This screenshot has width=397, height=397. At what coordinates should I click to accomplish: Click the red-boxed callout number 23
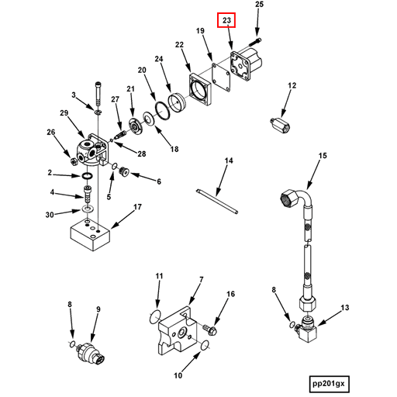click(x=227, y=21)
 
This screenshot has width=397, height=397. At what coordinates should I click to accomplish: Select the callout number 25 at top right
click(x=260, y=5)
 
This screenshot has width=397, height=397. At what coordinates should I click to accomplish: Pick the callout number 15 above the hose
click(x=323, y=156)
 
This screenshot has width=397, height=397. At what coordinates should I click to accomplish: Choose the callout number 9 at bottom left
click(x=98, y=310)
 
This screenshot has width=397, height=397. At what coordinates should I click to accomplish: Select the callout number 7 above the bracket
click(x=201, y=280)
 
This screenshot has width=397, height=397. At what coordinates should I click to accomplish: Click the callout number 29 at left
click(x=64, y=114)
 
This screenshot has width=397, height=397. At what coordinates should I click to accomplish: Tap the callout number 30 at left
click(x=50, y=215)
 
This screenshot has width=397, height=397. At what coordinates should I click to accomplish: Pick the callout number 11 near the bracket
click(x=159, y=276)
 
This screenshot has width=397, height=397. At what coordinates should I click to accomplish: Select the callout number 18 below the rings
click(x=174, y=149)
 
